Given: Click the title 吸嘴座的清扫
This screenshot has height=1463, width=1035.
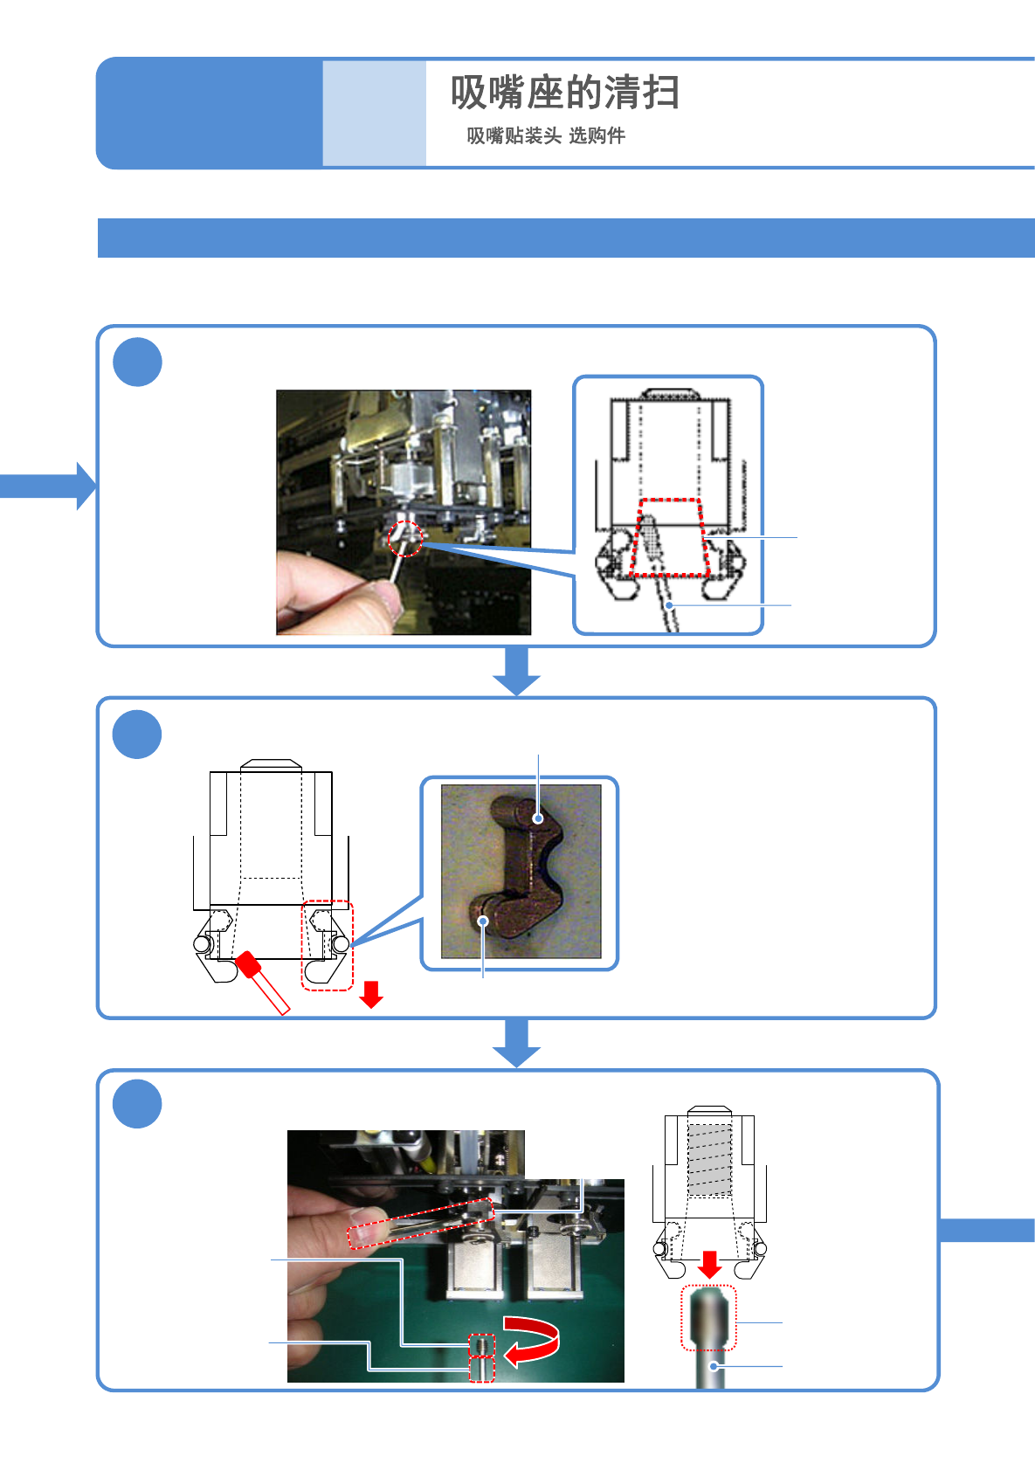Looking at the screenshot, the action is [x=565, y=92].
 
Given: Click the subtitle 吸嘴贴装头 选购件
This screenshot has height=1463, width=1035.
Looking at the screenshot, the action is [x=546, y=136].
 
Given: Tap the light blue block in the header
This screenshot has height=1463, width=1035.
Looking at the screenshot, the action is [x=374, y=113].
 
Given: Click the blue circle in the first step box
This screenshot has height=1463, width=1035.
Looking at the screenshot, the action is [x=137, y=362].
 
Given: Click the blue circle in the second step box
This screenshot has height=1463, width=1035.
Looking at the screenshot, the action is [x=137, y=734].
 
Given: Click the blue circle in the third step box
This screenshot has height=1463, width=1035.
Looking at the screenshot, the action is [x=137, y=1104].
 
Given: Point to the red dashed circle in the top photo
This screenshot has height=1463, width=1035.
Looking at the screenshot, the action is [x=405, y=538].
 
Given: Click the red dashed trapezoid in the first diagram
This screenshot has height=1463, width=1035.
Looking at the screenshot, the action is [x=669, y=537].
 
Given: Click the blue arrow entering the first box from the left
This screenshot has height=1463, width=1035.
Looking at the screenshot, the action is [x=48, y=486].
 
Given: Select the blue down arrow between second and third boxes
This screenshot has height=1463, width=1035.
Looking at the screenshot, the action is [x=516, y=1043].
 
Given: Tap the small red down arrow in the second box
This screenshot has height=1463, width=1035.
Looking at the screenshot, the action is [x=371, y=994].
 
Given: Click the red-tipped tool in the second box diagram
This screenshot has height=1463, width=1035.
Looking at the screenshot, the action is [x=262, y=983].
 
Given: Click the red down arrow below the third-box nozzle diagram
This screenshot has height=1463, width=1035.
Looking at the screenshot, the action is [x=709, y=1265].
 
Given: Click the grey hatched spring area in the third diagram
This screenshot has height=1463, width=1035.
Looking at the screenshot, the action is [x=709, y=1159].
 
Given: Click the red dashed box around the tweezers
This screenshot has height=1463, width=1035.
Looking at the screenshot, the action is [x=420, y=1224].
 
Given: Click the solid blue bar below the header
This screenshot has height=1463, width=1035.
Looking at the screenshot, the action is [x=566, y=238].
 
